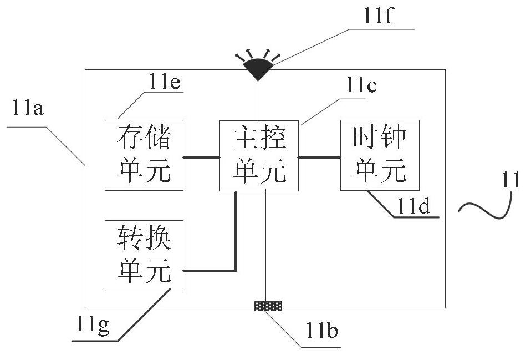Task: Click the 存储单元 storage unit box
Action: [144, 155]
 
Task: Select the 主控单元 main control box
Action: [259, 155]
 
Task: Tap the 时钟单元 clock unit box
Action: [380, 155]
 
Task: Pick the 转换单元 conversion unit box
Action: [144, 256]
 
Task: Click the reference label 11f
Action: [378, 16]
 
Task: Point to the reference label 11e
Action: [165, 82]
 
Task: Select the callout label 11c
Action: [361, 85]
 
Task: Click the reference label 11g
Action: [93, 325]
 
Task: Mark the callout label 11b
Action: [322, 330]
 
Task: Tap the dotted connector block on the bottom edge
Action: [268, 306]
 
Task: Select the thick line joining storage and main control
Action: [202, 158]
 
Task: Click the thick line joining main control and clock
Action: [319, 158]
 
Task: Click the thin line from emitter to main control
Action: [258, 101]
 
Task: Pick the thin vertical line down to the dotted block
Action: [266, 246]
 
